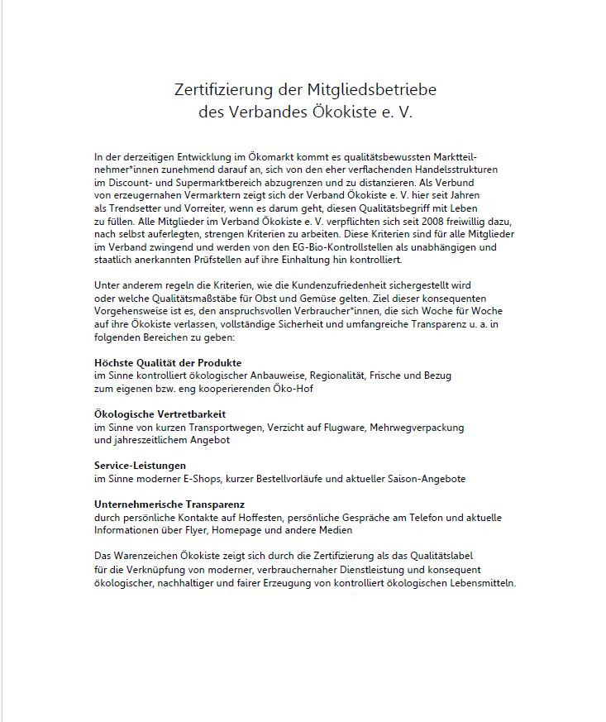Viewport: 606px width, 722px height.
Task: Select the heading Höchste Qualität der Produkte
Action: (x=168, y=363)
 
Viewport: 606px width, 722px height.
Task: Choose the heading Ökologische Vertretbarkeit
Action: (x=160, y=414)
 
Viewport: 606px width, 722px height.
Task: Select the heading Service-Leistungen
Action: (x=140, y=466)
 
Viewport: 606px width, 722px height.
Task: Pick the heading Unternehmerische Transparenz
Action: (x=169, y=504)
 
